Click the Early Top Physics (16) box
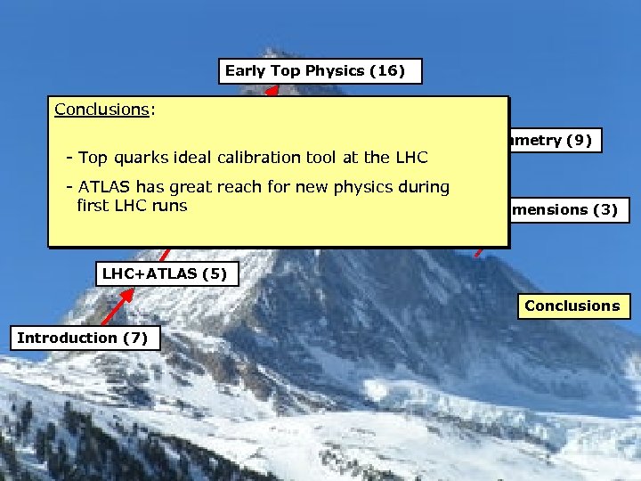[320, 71]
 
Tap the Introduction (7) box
[85, 338]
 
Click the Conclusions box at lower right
[572, 306]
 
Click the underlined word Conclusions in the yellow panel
[101, 110]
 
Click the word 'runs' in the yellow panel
[171, 206]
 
